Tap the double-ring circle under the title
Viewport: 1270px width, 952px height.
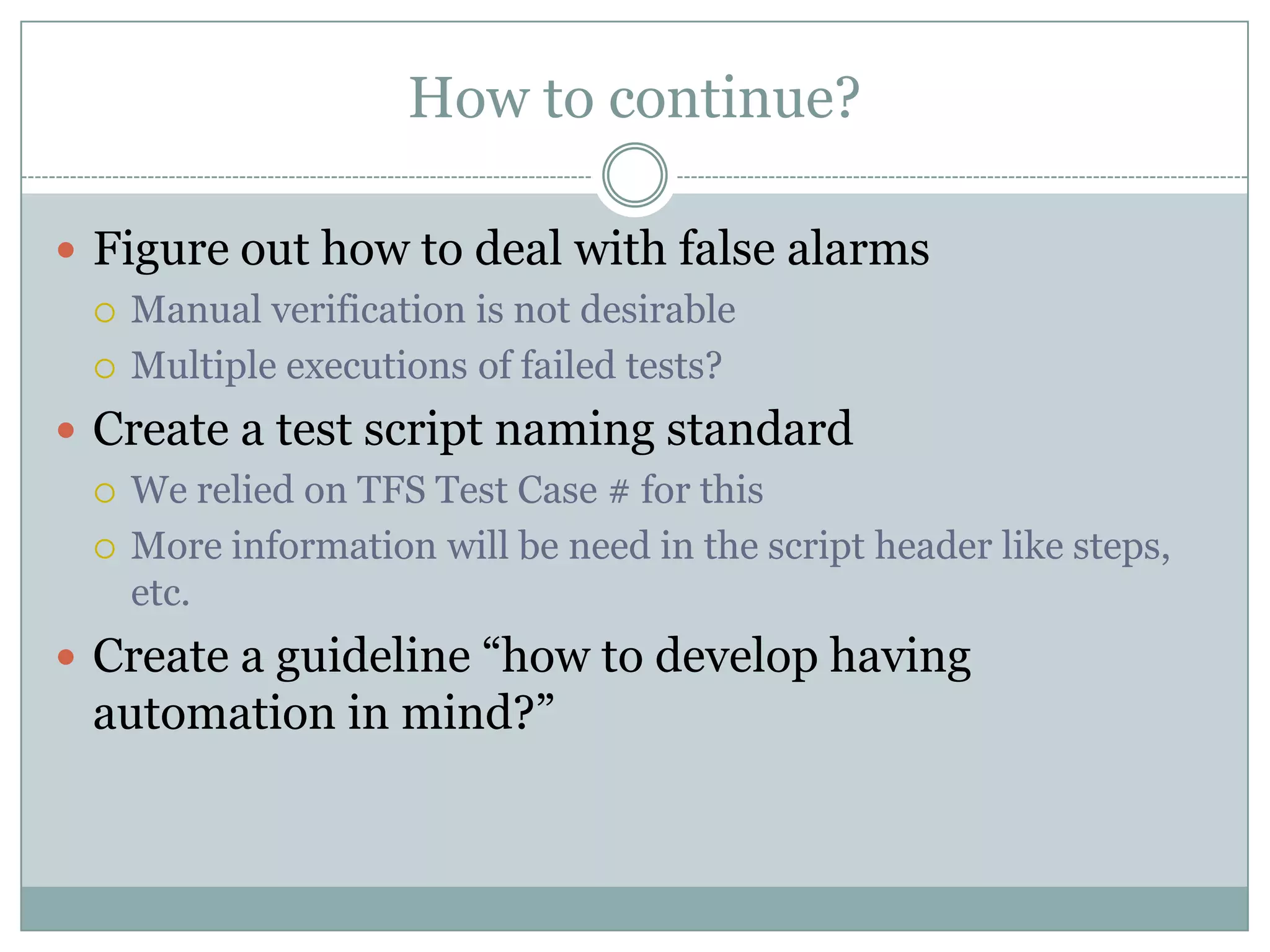pyautogui.click(x=634, y=175)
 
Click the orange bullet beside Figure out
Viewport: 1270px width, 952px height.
pyautogui.click(x=66, y=250)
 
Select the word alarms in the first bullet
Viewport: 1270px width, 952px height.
pyautogui.click(x=858, y=249)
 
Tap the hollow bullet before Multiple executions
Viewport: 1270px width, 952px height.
pyautogui.click(x=105, y=368)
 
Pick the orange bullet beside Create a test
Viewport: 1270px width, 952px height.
pyautogui.click(x=66, y=430)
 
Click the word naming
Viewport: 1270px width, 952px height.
pyautogui.click(x=574, y=430)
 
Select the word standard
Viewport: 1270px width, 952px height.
pyautogui.click(x=759, y=428)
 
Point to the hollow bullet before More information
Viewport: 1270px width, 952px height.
pyautogui.click(x=105, y=549)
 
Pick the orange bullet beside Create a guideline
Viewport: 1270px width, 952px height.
pyautogui.click(x=66, y=657)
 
